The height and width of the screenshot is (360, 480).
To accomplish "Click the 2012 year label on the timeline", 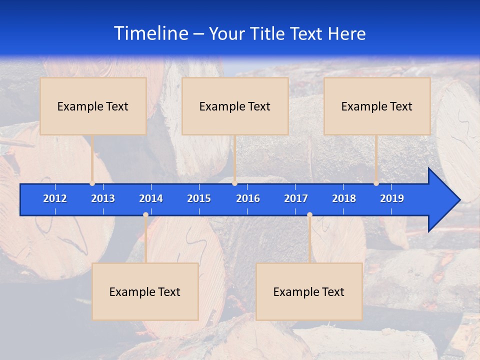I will (55, 198).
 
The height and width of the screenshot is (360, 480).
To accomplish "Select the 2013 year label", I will (103, 198).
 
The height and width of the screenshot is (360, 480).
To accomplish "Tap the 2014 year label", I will (151, 198).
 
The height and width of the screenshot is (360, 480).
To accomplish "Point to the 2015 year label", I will (199, 198).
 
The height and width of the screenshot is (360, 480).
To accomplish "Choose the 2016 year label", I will (248, 198).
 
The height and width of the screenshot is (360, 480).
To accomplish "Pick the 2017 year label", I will (296, 198).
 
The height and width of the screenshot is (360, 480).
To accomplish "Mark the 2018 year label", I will (344, 198).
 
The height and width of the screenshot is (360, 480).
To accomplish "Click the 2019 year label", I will (392, 198).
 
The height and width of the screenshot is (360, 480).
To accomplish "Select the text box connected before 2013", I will (93, 106).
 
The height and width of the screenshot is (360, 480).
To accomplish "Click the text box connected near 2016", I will (235, 106).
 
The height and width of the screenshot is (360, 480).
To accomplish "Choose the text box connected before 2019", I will (377, 106).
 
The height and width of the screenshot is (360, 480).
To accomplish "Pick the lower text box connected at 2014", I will (145, 291).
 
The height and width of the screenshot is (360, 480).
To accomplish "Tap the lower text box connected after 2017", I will (309, 291).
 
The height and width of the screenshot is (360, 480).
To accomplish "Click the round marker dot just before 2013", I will (92, 183).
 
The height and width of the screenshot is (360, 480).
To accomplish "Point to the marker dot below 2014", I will (145, 215).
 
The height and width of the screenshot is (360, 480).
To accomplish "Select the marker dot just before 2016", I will (234, 183).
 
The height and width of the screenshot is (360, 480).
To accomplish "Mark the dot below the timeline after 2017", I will (309, 215).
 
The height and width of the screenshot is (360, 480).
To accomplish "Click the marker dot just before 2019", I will (376, 183).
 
